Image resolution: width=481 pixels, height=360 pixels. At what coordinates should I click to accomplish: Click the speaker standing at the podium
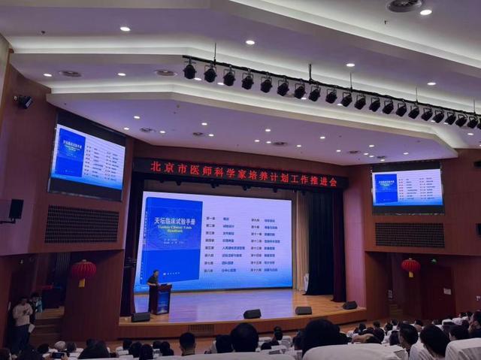(153, 280)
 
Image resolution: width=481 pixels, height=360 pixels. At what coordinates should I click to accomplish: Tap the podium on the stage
(161, 298)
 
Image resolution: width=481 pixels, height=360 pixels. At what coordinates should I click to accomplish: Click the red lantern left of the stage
(83, 270)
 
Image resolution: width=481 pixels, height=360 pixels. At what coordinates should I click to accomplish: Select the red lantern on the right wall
(410, 266)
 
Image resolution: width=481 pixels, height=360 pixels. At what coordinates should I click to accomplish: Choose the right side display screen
(407, 188)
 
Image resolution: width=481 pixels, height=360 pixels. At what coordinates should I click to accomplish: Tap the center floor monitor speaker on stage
(252, 313)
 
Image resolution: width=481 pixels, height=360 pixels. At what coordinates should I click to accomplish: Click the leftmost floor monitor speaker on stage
(141, 316)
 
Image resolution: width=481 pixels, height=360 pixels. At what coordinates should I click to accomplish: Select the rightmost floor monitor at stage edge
(349, 305)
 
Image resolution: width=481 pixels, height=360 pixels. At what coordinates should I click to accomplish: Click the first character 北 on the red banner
(156, 167)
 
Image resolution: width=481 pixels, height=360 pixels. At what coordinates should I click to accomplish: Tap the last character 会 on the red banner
(332, 181)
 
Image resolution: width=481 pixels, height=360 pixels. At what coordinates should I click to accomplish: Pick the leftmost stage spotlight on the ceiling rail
(189, 71)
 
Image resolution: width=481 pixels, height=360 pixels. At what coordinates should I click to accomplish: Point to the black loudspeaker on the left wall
(16, 208)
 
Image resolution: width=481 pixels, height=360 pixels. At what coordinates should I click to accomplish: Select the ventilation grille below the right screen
(409, 235)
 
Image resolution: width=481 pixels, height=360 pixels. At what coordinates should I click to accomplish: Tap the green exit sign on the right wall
(434, 261)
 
